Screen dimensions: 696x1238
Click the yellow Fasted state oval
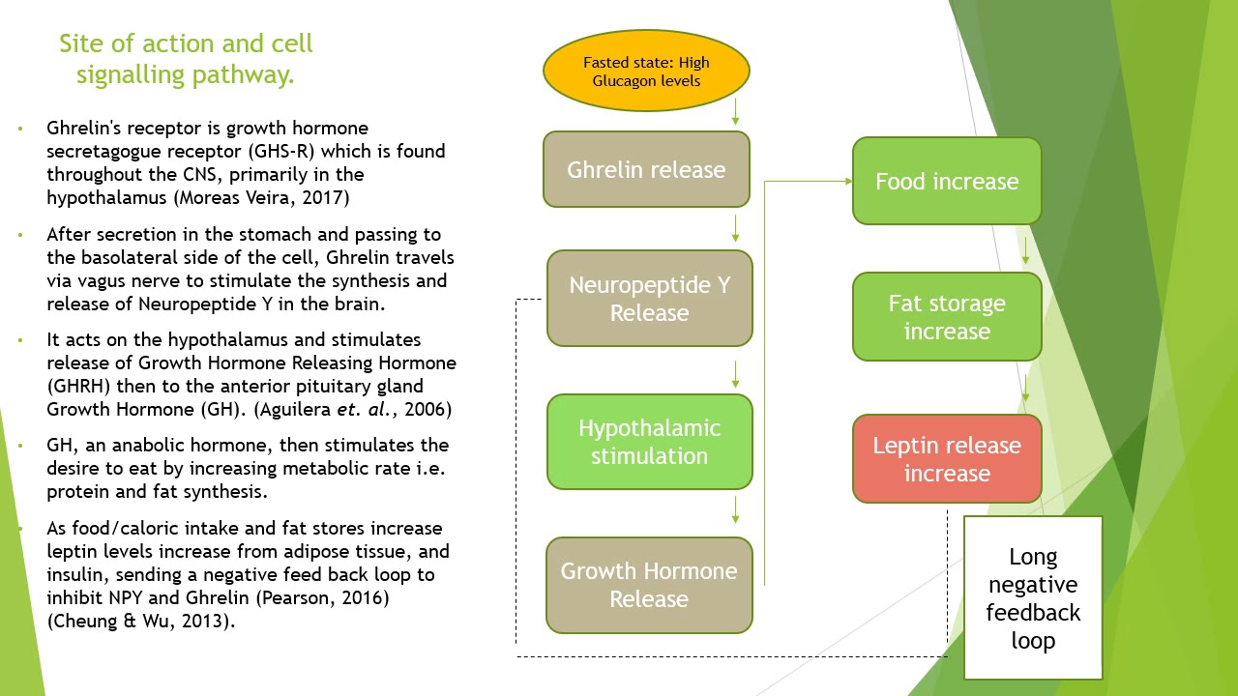tap(646, 72)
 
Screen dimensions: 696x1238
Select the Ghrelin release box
tap(646, 170)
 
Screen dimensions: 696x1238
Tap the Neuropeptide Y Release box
tap(649, 299)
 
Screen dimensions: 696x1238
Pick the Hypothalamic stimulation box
tap(649, 442)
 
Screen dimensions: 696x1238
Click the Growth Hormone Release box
tap(649, 585)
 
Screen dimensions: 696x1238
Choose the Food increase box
tap(946, 182)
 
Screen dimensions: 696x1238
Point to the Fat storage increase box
tap(946, 317)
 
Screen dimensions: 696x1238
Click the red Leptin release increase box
tap(946, 459)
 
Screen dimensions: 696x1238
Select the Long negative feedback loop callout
tap(1033, 598)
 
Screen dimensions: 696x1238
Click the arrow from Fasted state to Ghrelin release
tap(736, 111)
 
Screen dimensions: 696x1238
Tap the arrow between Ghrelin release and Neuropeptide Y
tap(736, 229)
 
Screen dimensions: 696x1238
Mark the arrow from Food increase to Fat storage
tap(1025, 248)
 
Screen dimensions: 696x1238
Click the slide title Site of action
tap(186, 59)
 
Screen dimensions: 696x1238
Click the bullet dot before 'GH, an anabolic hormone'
tap(20, 446)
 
